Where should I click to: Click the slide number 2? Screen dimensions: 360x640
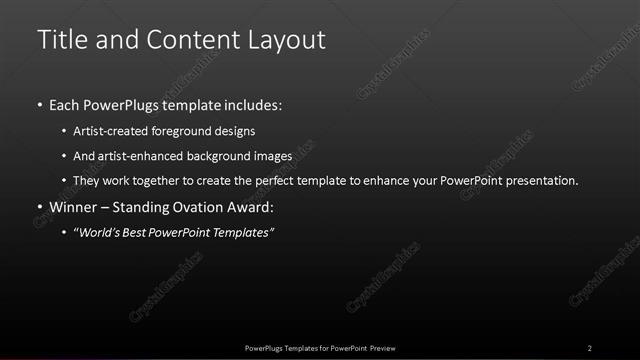(x=590, y=347)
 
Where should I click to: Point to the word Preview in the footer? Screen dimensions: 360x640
(x=389, y=347)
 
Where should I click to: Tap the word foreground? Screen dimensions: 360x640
(x=194, y=130)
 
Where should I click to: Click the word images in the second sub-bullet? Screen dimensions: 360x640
(x=272, y=156)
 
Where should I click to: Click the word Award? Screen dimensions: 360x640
(x=251, y=207)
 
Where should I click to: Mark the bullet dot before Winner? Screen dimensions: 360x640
(x=39, y=207)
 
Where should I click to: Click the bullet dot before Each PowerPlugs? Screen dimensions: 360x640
(x=39, y=104)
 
